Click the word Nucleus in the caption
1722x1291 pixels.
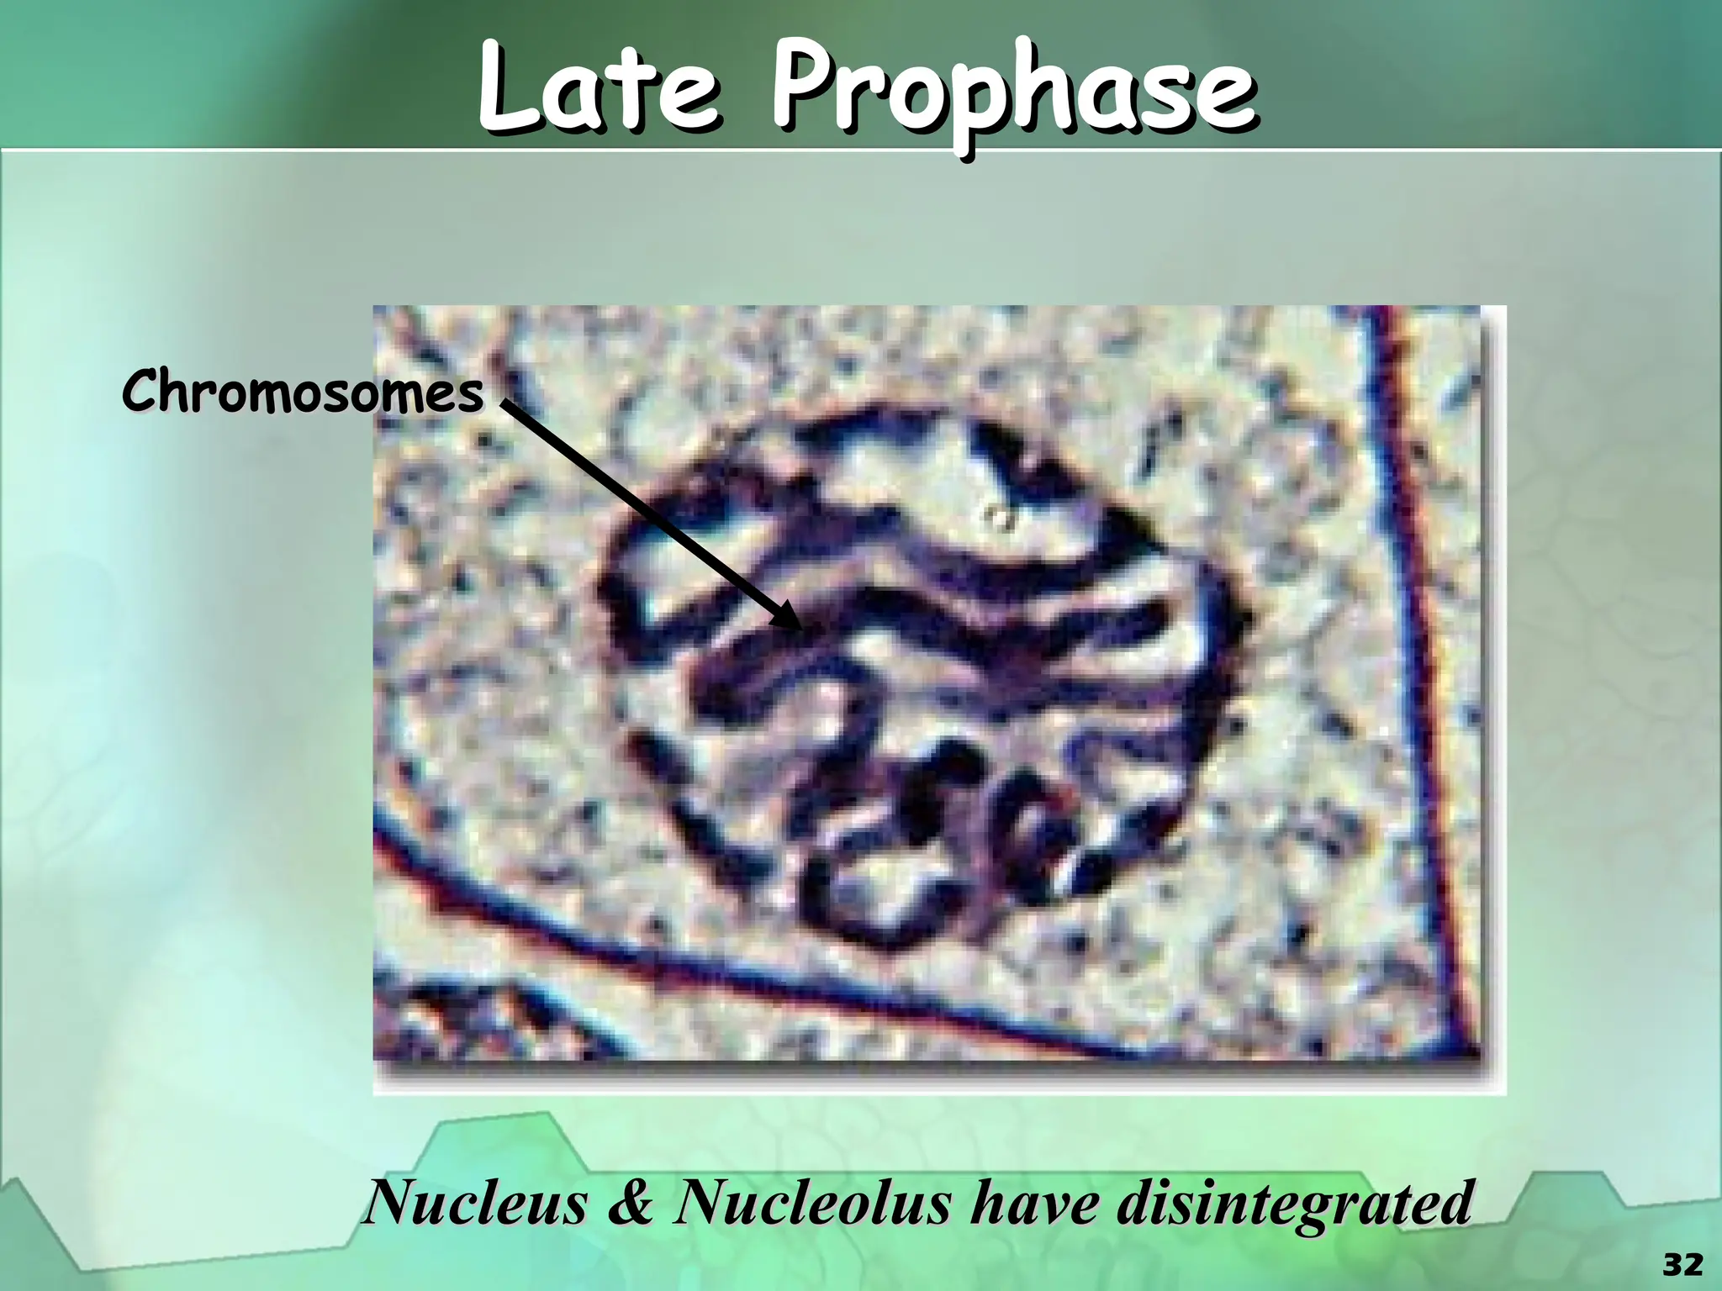(x=476, y=1203)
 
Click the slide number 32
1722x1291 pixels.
(x=1682, y=1264)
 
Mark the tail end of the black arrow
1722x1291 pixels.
(x=507, y=405)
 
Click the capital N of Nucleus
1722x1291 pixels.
(x=395, y=1203)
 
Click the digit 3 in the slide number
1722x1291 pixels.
(x=1672, y=1264)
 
